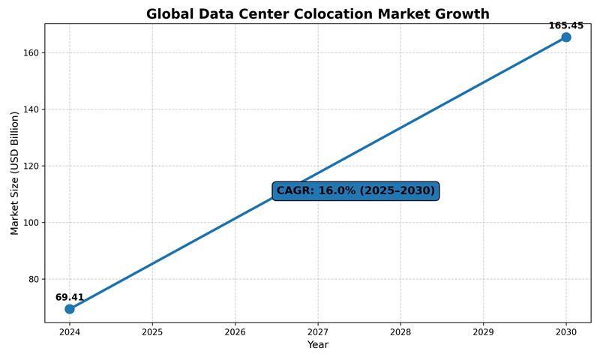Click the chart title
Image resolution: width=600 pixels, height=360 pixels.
317,14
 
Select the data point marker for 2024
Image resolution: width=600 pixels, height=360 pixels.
70,309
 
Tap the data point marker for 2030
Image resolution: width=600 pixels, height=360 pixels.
566,37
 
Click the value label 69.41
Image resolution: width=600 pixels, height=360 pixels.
70,298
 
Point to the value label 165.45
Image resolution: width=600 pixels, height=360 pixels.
566,25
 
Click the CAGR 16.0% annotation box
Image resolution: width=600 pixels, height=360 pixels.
355,190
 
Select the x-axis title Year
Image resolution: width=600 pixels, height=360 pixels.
318,345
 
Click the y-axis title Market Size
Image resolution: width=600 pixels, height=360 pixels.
15,173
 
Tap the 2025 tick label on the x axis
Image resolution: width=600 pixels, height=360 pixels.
152,331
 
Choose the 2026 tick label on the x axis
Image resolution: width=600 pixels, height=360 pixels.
235,331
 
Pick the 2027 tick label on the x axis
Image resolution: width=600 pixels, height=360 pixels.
318,331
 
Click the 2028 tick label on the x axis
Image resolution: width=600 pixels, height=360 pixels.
400,331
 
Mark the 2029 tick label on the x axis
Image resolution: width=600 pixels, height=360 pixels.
483,331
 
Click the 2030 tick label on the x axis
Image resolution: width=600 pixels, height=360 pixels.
566,331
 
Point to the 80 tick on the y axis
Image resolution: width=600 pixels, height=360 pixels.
33,279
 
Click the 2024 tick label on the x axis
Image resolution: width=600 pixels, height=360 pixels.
70,331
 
